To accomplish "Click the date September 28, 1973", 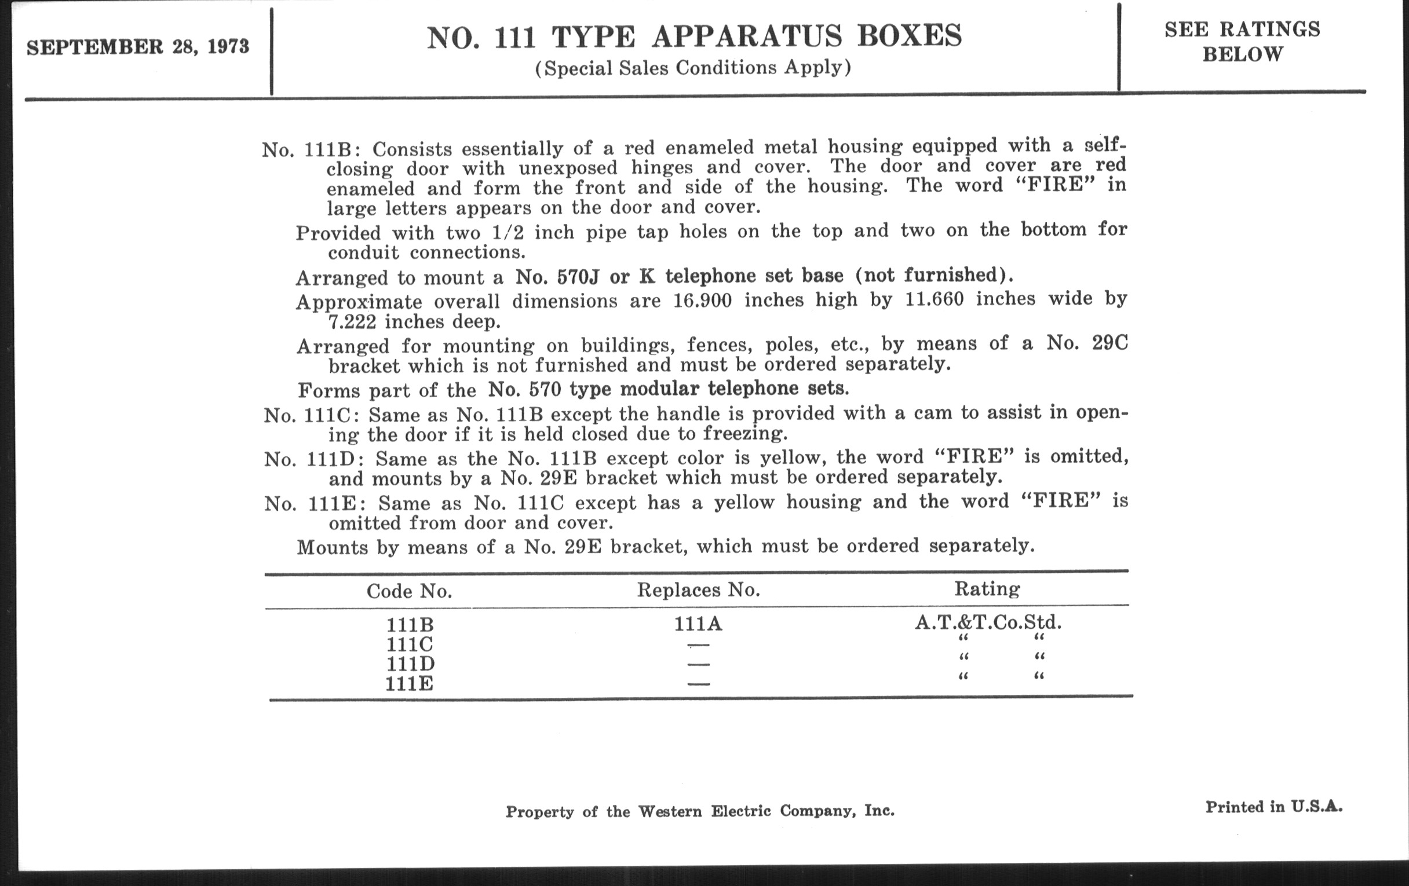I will (137, 47).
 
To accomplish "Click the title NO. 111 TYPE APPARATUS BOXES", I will (694, 36).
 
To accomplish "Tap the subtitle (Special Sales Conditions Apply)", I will (693, 68).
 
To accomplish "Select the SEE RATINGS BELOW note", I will (1242, 42).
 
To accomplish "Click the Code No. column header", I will (409, 591).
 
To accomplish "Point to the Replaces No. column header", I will (698, 590).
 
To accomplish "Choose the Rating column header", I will (987, 588).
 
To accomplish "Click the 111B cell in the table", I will (410, 625).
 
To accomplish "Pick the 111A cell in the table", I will (698, 624).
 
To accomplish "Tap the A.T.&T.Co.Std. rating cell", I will (988, 622).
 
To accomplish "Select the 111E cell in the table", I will (409, 684).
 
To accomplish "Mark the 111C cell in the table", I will (409, 645).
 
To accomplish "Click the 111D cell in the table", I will (409, 664).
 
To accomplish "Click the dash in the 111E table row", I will (699, 684).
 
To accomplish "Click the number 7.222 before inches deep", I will (352, 321).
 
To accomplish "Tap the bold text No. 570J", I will (557, 276).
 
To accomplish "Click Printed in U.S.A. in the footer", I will (1273, 807).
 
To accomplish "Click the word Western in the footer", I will (670, 811).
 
